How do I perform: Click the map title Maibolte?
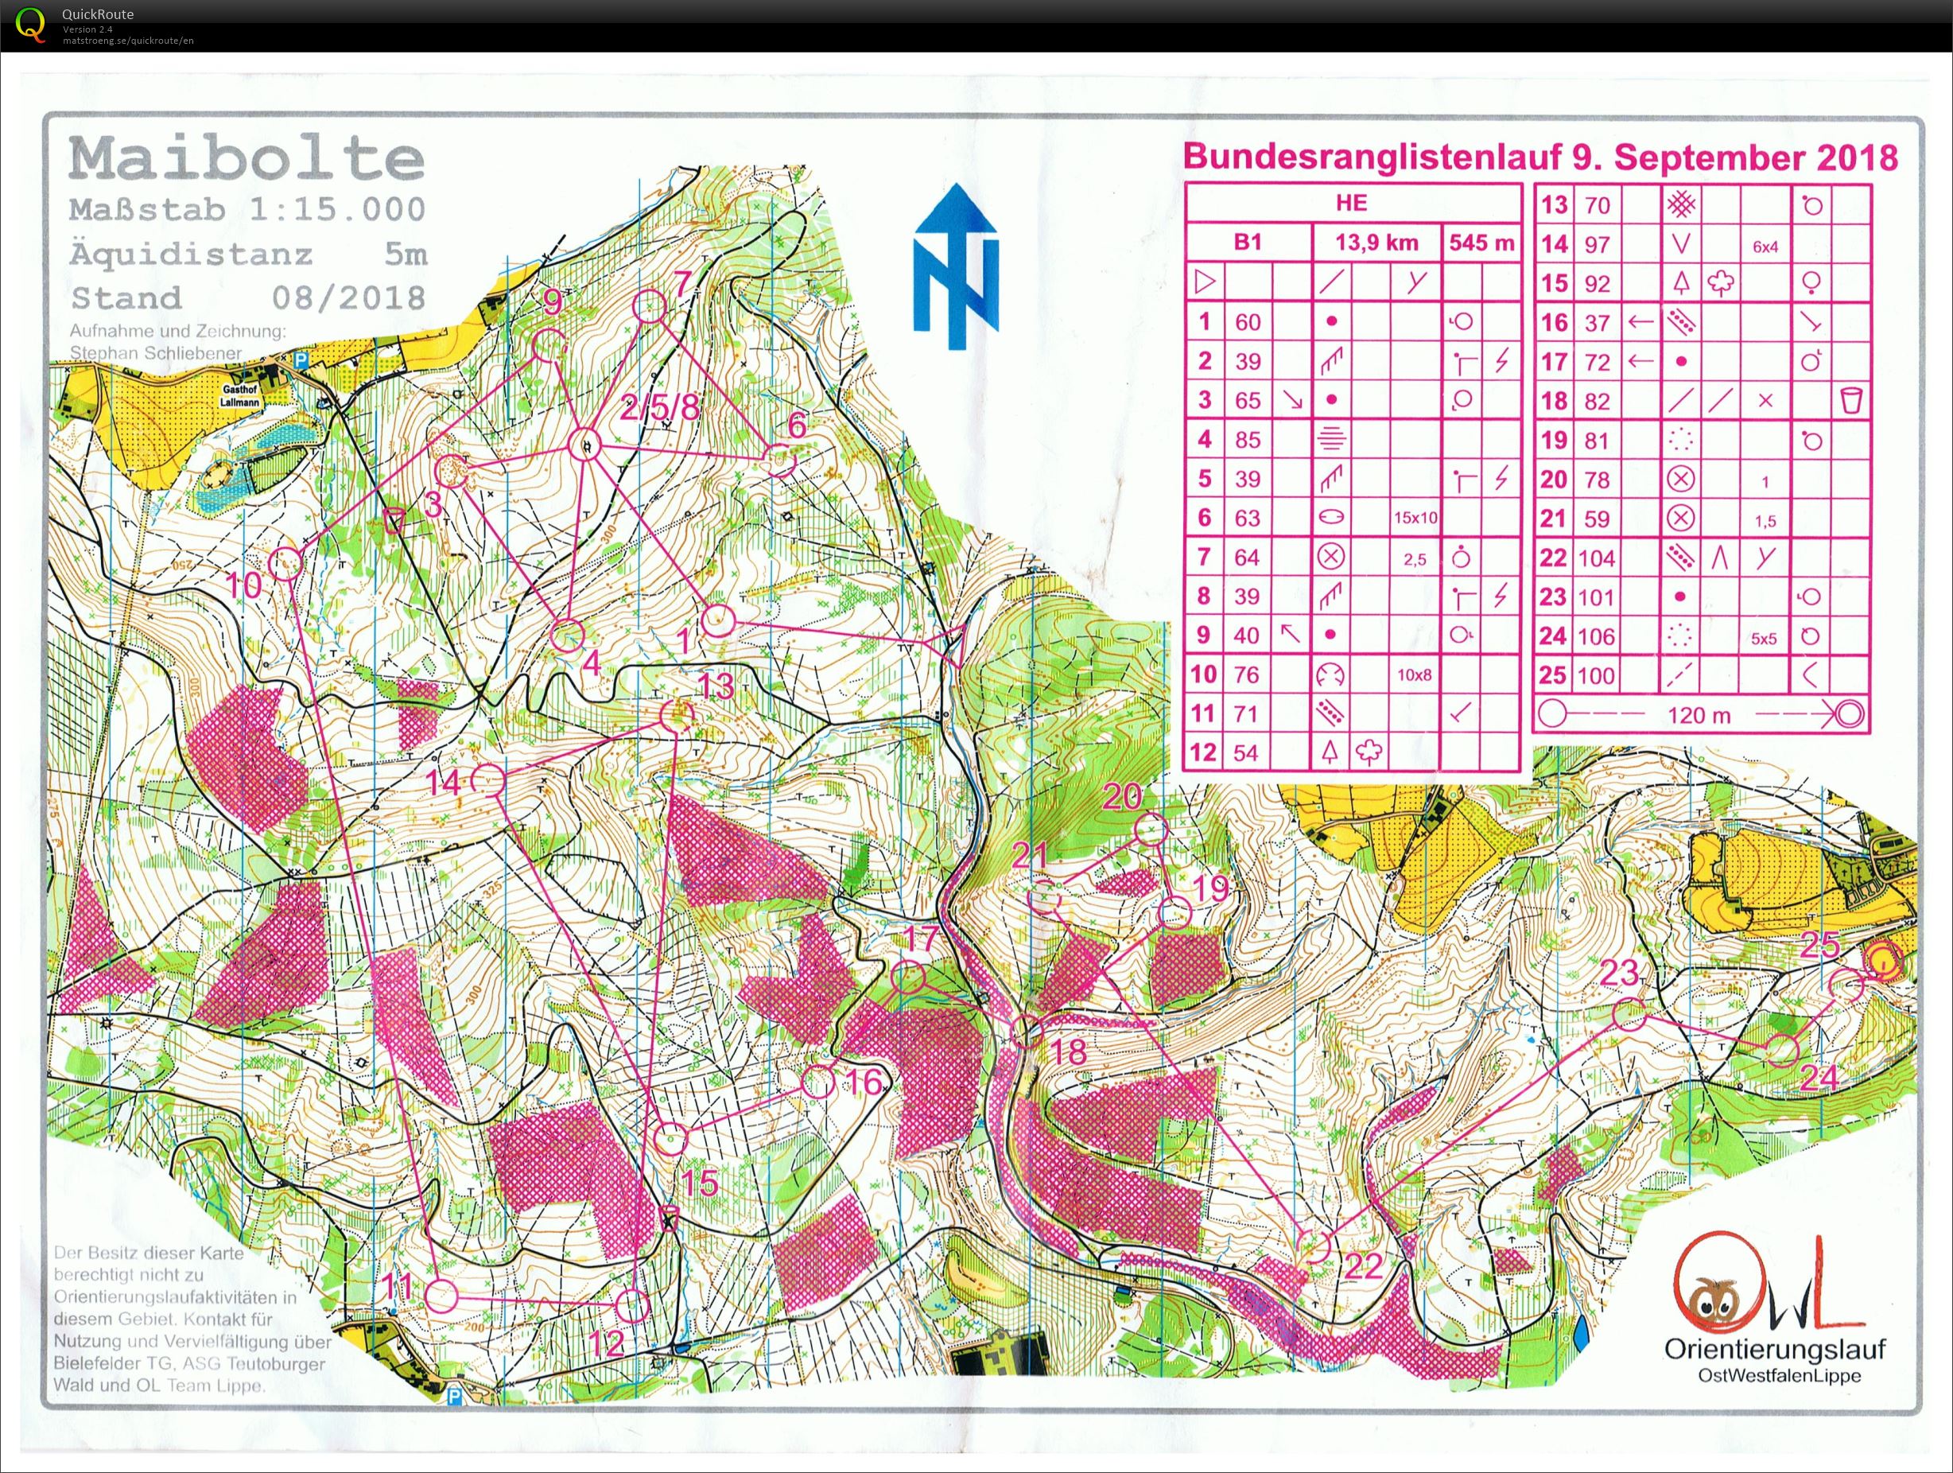pos(247,159)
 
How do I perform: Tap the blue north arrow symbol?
pos(956,266)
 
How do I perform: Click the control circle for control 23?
pos(1630,1015)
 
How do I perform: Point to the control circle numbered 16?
pos(818,1082)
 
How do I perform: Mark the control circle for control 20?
pos(1151,830)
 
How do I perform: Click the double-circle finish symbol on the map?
pos(1882,961)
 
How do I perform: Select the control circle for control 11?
pos(441,1296)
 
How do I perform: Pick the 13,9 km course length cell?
pos(1376,242)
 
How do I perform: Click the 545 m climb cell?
pos(1481,242)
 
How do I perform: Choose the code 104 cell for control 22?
pos(1596,558)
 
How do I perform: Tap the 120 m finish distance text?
pos(1699,715)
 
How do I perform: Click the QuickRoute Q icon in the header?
pos(32,24)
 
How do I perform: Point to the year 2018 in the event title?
pos(1857,158)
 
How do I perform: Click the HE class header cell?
pos(1352,203)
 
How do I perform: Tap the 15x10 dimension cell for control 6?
pos(1415,519)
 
